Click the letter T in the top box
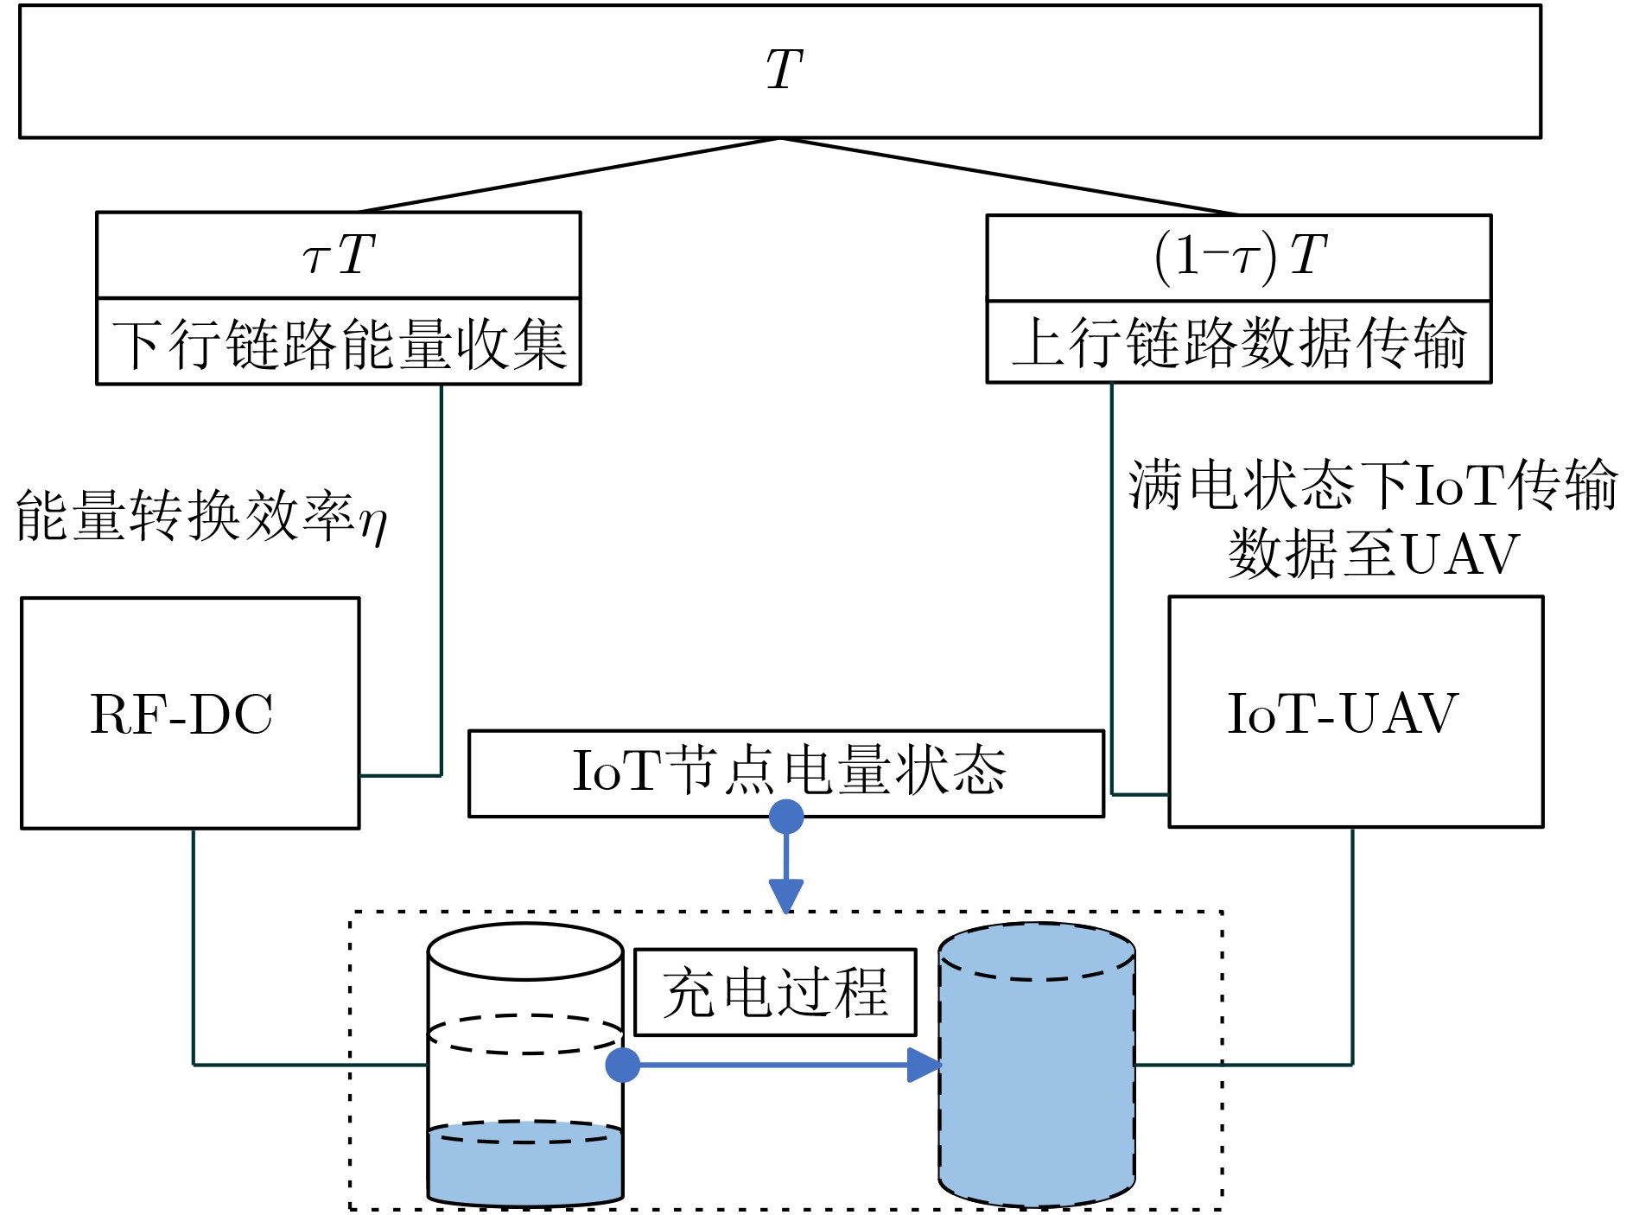(x=785, y=69)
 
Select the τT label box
(x=338, y=255)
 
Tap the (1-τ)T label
(x=1239, y=257)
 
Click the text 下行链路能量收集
(x=339, y=343)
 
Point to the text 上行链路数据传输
(x=1239, y=343)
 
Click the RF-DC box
(x=189, y=714)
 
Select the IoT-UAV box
(x=1355, y=712)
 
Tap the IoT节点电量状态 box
(x=785, y=772)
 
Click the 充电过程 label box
(x=775, y=992)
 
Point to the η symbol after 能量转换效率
(x=373, y=521)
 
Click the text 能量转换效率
(x=185, y=516)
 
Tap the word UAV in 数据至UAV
(x=1460, y=555)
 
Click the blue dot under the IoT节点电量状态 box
(x=786, y=817)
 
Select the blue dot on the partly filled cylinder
(x=622, y=1065)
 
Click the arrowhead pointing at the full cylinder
(x=924, y=1065)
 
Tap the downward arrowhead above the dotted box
(x=786, y=894)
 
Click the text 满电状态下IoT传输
(x=1372, y=486)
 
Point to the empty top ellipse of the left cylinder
(x=525, y=952)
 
